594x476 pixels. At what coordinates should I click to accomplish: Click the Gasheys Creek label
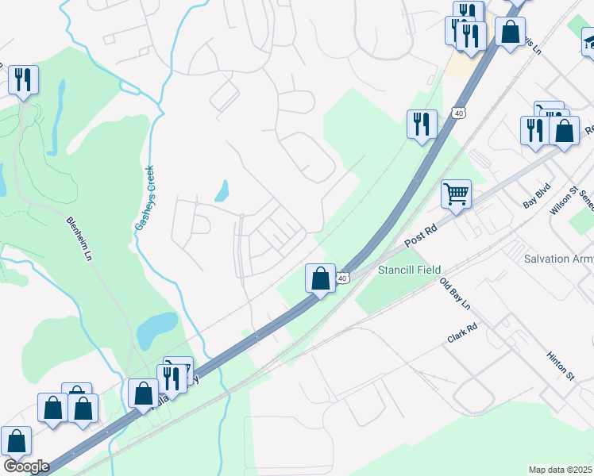[x=144, y=198]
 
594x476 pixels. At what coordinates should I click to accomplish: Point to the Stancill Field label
[x=409, y=271]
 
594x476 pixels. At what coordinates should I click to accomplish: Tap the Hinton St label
[x=560, y=366]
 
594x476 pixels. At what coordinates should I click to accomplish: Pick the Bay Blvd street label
[x=537, y=198]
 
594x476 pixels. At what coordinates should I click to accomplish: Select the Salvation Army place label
[x=559, y=259]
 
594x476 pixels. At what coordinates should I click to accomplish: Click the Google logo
[x=26, y=466]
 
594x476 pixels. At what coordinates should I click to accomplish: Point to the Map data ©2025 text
[x=561, y=470]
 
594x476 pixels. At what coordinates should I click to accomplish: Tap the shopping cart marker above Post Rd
[x=456, y=194]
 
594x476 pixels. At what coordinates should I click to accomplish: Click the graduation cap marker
[x=590, y=40]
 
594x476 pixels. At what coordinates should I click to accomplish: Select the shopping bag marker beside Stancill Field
[x=319, y=278]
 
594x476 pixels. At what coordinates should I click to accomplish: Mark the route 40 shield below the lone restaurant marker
[x=459, y=113]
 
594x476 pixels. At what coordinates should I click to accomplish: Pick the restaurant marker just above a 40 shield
[x=421, y=124]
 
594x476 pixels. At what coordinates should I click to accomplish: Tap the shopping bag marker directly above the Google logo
[x=16, y=440]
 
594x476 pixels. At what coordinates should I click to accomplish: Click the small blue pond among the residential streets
[x=222, y=190]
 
